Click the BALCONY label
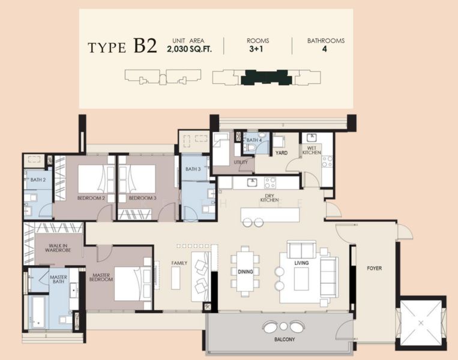285,339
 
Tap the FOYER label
374,268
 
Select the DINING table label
246,272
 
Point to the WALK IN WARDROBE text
58,248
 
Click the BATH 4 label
254,140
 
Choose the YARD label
282,153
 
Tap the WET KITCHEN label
312,151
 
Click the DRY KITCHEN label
270,198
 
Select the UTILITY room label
241,163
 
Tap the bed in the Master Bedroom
133,284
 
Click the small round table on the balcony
283,326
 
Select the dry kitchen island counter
270,215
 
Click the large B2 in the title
145,46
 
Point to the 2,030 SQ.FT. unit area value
189,49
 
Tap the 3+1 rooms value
256,49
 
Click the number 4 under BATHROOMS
325,49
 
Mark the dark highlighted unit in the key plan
267,77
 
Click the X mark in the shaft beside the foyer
421,323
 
